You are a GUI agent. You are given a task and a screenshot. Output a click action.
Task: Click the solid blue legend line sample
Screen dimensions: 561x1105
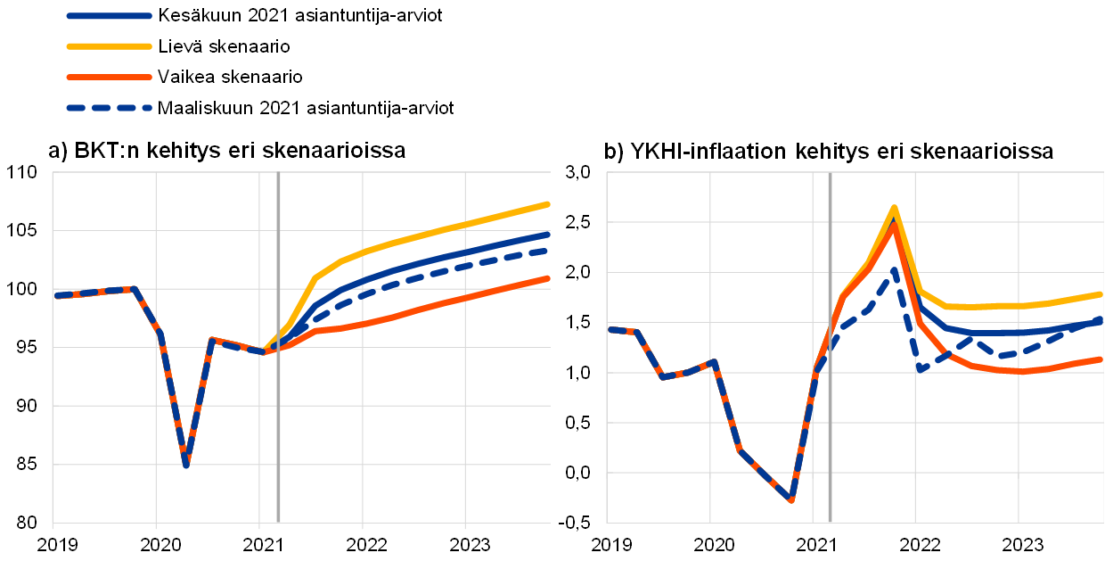click(109, 16)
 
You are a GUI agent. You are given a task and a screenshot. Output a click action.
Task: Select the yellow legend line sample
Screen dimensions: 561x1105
click(109, 46)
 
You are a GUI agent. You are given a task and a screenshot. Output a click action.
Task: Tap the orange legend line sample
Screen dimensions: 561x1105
click(109, 78)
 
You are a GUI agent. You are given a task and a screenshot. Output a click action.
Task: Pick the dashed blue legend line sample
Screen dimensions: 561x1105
click(109, 108)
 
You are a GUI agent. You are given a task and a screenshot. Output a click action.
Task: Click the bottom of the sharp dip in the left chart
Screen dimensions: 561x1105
click(185, 465)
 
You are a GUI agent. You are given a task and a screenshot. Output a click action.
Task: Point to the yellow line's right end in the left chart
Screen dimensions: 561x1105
click(548, 204)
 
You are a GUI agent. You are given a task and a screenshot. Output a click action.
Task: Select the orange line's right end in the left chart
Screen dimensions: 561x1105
click(548, 278)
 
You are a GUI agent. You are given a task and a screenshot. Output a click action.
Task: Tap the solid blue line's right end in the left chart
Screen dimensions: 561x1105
click(548, 234)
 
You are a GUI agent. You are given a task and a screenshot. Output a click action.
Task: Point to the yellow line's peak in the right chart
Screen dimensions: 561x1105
click(894, 208)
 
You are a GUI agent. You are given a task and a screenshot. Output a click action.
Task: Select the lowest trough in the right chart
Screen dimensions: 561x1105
click(790, 499)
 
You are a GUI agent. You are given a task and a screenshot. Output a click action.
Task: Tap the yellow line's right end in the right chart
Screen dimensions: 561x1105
click(1101, 293)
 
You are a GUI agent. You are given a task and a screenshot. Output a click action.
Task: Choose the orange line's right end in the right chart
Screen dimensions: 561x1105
click(1101, 359)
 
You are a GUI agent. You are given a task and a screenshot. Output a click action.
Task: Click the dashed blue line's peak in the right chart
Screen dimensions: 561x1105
click(894, 269)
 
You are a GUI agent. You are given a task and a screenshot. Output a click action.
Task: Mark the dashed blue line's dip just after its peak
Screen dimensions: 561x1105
click(921, 368)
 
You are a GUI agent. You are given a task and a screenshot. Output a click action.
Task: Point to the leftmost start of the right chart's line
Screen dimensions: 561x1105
click(610, 330)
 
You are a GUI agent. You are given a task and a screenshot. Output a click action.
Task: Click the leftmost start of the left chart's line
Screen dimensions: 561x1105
click(56, 295)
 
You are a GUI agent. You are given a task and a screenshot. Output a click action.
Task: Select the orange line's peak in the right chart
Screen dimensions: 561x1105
click(893, 224)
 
